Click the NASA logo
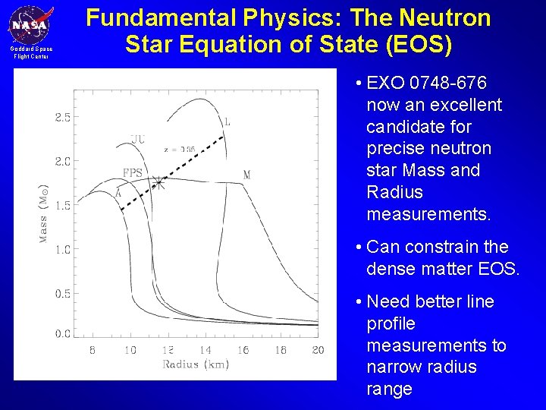(30, 25)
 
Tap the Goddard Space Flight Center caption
(31, 53)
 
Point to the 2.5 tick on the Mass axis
(62, 117)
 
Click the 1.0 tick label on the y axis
(62, 249)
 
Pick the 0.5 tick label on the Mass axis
(62, 293)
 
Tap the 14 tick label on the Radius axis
(205, 350)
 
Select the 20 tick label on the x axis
(318, 350)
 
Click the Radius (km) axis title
(196, 364)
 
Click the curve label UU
(137, 139)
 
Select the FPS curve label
(133, 173)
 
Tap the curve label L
(227, 121)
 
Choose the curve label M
(246, 175)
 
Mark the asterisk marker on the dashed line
(158, 182)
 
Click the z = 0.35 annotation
(180, 150)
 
